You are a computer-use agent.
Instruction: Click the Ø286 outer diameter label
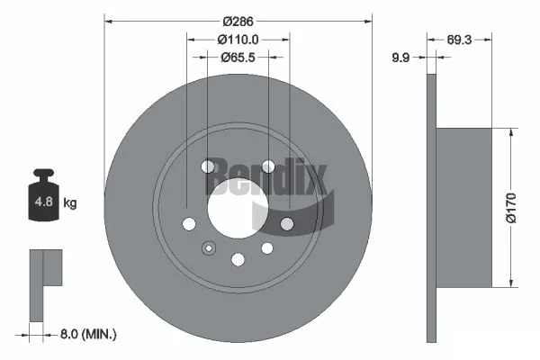pyautogui.click(x=238, y=22)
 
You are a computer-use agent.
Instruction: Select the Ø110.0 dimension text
pyautogui.click(x=238, y=40)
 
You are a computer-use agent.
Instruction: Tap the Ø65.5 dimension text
pyautogui.click(x=238, y=58)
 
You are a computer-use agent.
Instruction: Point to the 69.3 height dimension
pyautogui.click(x=459, y=40)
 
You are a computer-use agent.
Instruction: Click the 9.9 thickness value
pyautogui.click(x=400, y=58)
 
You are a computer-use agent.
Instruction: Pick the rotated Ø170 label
pyautogui.click(x=512, y=208)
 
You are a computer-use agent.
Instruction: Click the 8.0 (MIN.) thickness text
pyautogui.click(x=88, y=334)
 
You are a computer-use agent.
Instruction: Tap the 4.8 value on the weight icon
pyautogui.click(x=44, y=202)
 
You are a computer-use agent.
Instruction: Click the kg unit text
pyautogui.click(x=70, y=202)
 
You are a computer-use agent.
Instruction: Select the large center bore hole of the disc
pyautogui.click(x=238, y=209)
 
